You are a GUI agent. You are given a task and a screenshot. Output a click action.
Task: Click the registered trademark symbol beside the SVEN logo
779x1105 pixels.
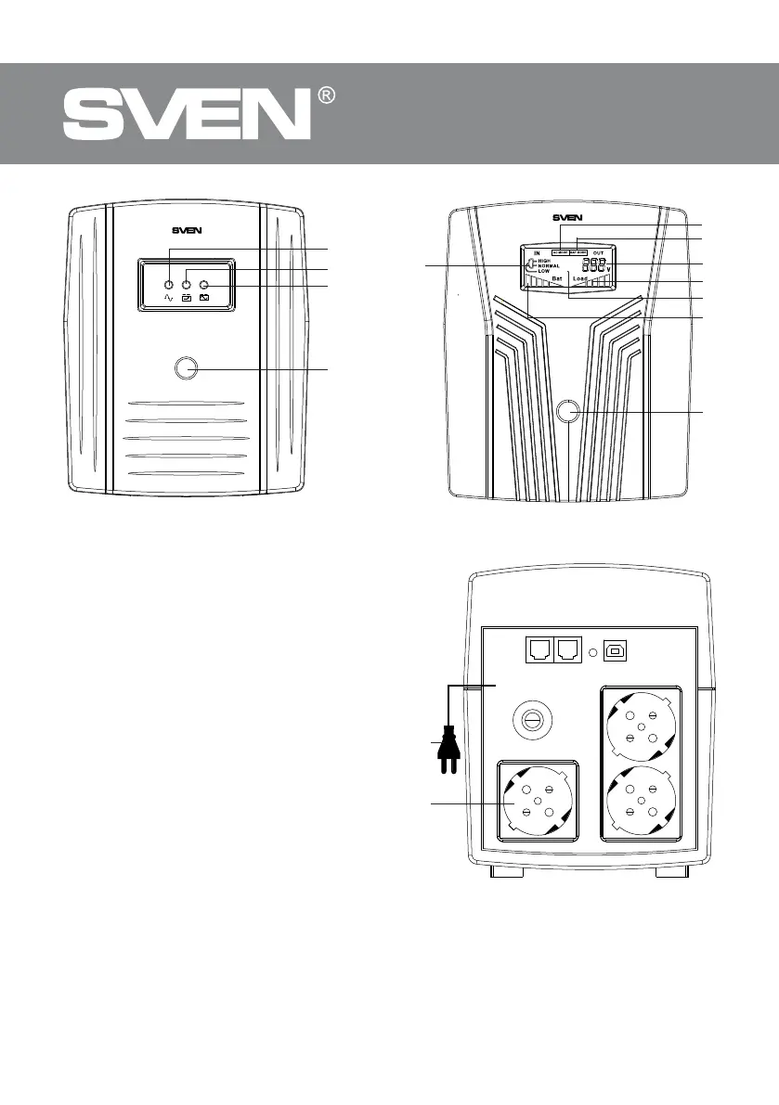325,96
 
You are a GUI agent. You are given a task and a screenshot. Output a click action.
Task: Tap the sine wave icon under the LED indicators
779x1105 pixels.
169,299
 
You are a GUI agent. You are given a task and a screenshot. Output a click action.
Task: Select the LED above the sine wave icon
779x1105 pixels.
170,284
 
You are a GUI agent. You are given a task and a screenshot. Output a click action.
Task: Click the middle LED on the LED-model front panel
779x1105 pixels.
187,284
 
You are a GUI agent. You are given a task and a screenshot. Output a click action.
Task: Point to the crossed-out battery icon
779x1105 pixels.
204,299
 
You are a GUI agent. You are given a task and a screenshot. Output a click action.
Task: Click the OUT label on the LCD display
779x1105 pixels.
598,251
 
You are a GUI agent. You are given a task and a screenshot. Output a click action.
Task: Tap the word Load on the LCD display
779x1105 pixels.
581,277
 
